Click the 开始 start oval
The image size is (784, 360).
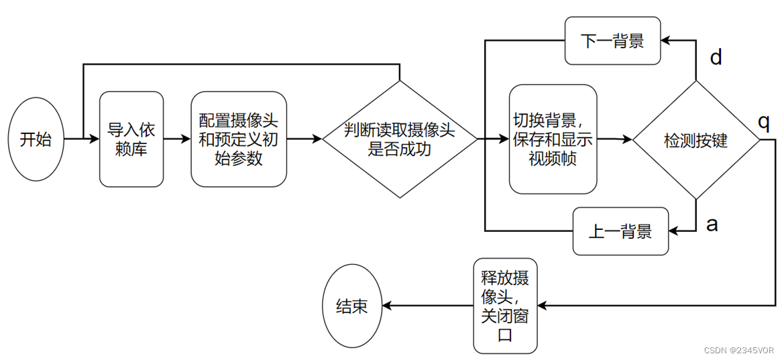(36, 139)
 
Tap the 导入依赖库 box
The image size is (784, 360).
(131, 139)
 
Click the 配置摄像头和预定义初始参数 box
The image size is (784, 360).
(239, 139)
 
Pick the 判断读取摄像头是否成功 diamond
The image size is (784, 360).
(400, 139)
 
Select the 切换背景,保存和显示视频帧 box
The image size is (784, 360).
(553, 139)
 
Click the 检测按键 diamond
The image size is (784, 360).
(695, 140)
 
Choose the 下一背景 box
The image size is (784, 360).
(612, 41)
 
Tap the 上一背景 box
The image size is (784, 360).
(620, 231)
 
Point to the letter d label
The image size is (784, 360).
(716, 58)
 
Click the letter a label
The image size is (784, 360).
(712, 223)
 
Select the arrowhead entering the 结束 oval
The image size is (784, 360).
(387, 306)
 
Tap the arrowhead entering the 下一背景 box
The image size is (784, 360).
(667, 41)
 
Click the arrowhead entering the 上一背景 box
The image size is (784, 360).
(674, 231)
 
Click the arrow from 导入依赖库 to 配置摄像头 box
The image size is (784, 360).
(177, 139)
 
